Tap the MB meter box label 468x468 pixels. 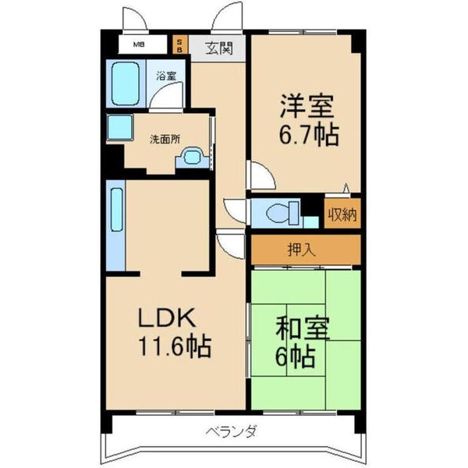point(137,45)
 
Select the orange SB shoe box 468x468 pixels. point(179,45)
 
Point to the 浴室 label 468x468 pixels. point(165,76)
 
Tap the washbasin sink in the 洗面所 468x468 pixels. point(191,158)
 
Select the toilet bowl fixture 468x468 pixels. point(280,211)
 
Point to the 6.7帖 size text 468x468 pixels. point(309,136)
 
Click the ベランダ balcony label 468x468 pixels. point(232,431)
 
